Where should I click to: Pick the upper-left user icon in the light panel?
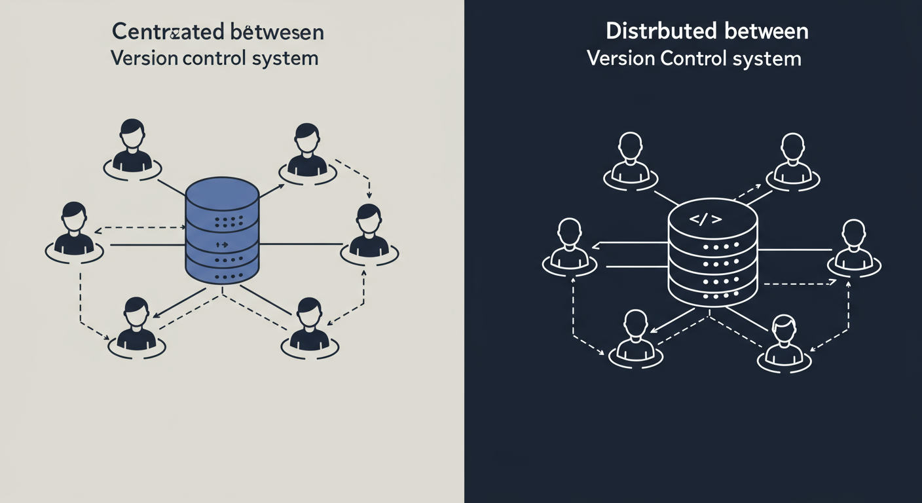pos(132,147)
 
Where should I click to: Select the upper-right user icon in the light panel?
pos(307,151)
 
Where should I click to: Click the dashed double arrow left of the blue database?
pos(141,229)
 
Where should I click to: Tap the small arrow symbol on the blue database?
pos(221,244)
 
